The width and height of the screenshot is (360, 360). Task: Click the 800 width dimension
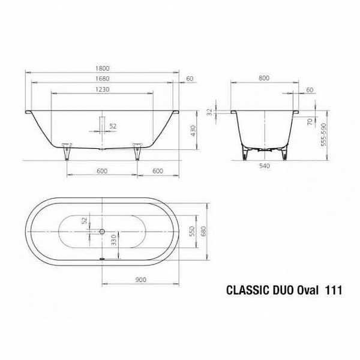click(264, 78)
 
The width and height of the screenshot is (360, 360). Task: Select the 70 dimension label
click(310, 122)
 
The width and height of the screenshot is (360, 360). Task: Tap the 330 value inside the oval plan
click(113, 241)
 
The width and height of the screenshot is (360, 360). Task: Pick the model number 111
click(334, 290)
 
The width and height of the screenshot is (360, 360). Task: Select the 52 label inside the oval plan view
click(85, 220)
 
